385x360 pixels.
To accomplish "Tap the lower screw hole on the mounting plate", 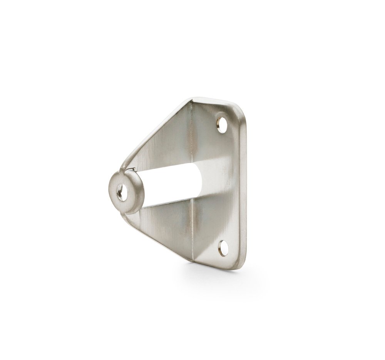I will coord(223,248).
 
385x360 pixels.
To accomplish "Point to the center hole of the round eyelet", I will coord(122,192).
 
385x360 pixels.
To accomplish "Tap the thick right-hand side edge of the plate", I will coord(243,185).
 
